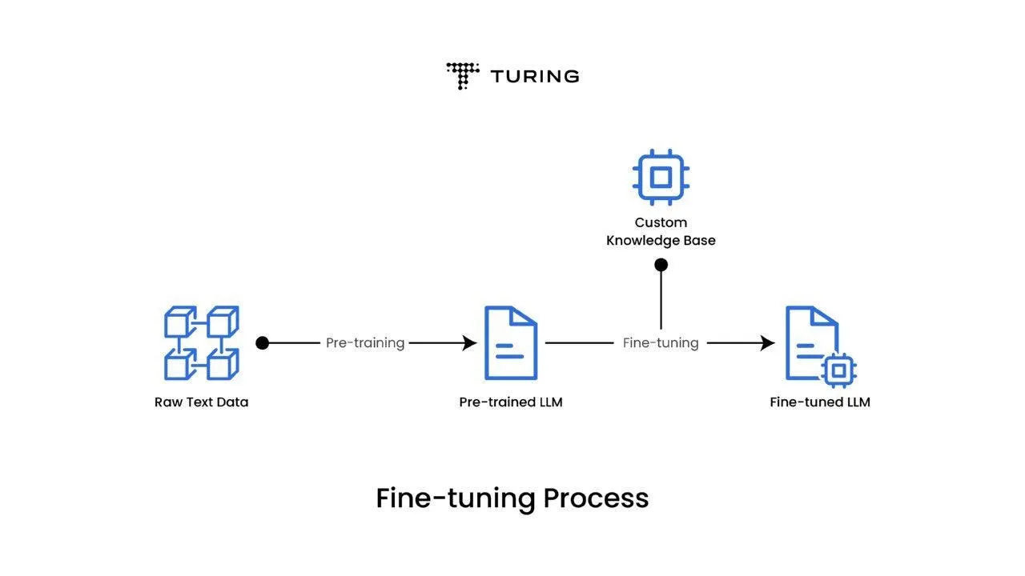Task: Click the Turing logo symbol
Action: click(462, 75)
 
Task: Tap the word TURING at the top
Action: click(534, 77)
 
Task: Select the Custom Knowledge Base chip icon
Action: click(661, 177)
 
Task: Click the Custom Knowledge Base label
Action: click(661, 231)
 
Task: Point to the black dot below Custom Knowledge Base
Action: click(661, 265)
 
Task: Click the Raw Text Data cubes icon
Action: click(201, 342)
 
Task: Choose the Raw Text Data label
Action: click(201, 402)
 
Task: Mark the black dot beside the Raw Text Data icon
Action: click(262, 343)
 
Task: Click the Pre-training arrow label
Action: click(365, 343)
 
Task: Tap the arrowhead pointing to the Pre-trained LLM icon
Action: click(469, 343)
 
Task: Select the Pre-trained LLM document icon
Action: click(510, 342)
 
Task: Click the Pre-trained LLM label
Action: click(510, 402)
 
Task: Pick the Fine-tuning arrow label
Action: click(661, 343)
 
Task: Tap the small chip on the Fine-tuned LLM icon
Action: click(838, 370)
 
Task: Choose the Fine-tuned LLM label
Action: click(819, 402)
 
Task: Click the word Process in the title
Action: click(596, 498)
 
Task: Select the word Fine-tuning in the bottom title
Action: click(455, 498)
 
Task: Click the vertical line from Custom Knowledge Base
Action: click(661, 300)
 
